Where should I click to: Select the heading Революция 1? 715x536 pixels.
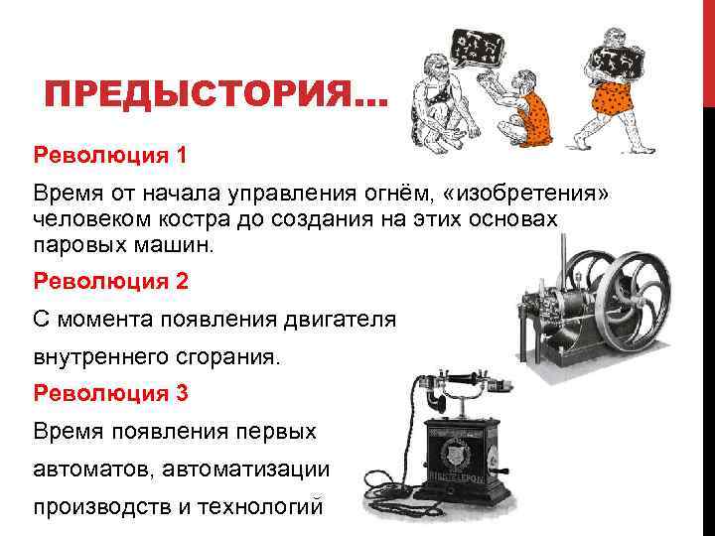(x=110, y=156)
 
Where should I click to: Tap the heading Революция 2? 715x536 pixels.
(x=110, y=281)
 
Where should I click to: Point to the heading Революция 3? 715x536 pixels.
(x=110, y=393)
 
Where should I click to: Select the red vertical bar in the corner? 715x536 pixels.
(x=708, y=50)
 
